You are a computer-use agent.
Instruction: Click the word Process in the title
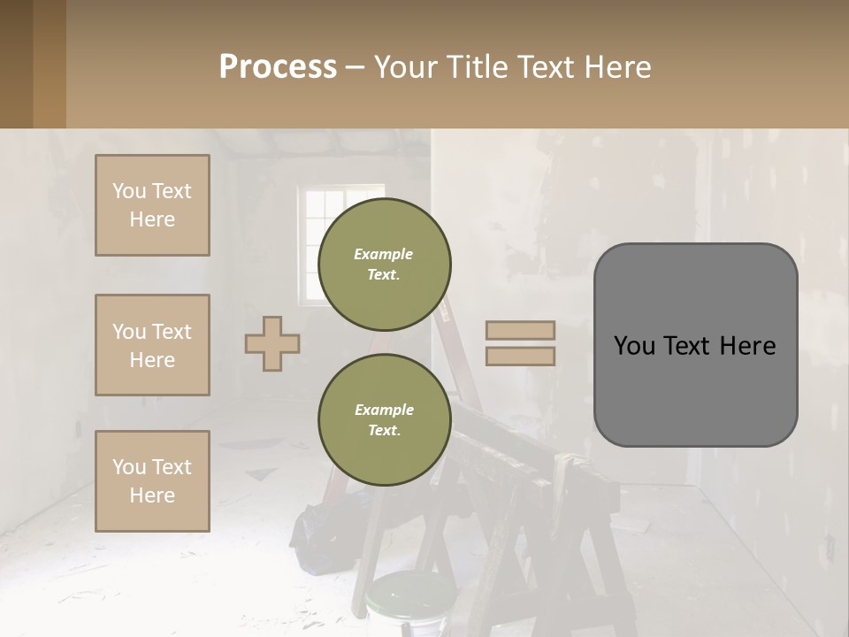point(278,67)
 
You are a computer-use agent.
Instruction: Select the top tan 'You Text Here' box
point(152,205)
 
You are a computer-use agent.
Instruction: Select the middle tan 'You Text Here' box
point(152,345)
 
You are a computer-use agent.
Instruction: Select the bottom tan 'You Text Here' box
point(152,481)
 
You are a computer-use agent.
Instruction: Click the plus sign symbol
point(272,343)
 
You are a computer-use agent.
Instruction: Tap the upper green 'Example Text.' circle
point(384,265)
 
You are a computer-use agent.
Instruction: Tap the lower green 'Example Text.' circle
point(384,420)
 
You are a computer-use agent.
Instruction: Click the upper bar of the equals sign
point(520,330)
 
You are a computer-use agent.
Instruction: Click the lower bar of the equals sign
point(520,356)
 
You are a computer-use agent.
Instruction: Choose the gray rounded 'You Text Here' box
point(695,345)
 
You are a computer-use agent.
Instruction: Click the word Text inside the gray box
point(694,345)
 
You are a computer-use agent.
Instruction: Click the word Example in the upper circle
point(384,254)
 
